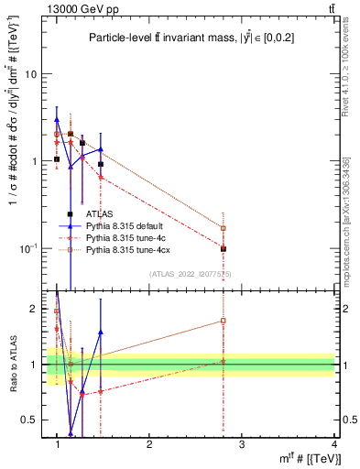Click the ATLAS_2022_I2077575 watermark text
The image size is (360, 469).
[x=191, y=274]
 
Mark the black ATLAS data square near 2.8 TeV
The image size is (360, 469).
[x=224, y=248]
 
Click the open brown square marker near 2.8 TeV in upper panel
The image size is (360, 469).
[x=224, y=228]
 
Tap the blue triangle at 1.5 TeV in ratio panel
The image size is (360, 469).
[x=101, y=333]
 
